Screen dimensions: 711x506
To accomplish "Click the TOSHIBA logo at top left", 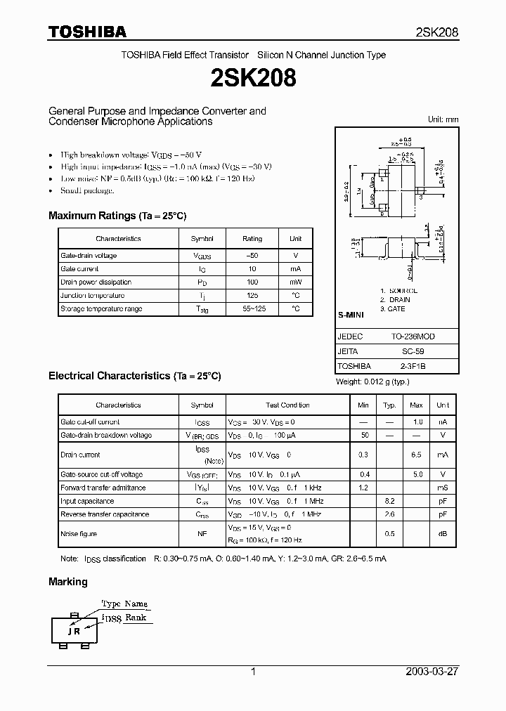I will click(x=87, y=32).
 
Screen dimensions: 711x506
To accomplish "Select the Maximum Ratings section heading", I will click(x=117, y=216).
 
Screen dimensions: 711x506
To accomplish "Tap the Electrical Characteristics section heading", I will click(x=135, y=376).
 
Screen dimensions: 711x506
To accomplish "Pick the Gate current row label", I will click(x=79, y=269).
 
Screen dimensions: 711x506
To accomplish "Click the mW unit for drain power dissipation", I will click(x=295, y=282).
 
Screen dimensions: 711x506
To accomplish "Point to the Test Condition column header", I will click(x=287, y=405).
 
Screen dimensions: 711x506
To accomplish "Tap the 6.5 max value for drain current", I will click(x=416, y=455).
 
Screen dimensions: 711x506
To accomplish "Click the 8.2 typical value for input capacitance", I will click(x=389, y=502).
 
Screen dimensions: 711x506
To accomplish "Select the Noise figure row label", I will click(x=79, y=534).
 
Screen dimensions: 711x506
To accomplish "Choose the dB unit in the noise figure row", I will click(x=443, y=534).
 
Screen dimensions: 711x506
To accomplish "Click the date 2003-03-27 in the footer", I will click(x=432, y=672).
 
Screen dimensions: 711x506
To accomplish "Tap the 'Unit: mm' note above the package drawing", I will click(x=443, y=120).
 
